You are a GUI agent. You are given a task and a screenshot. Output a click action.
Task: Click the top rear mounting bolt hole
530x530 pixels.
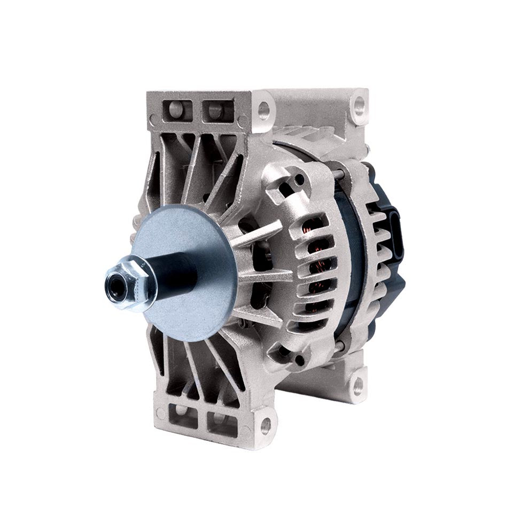359,101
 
